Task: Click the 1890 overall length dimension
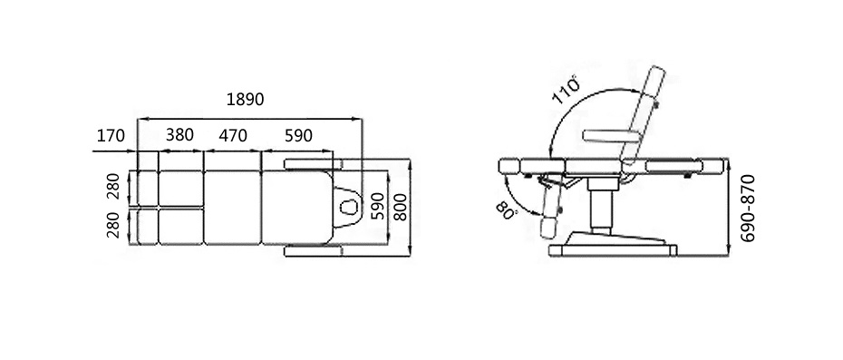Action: tap(245, 100)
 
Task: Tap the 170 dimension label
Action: tap(111, 136)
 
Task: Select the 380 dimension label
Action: tap(179, 134)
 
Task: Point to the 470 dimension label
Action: tap(233, 136)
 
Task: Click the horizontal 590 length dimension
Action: tap(298, 136)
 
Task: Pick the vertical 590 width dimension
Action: tap(379, 206)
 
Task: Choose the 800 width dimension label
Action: tap(400, 206)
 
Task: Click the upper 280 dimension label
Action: tap(113, 187)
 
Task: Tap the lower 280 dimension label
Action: tap(113, 226)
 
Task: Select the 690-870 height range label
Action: tap(748, 209)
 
